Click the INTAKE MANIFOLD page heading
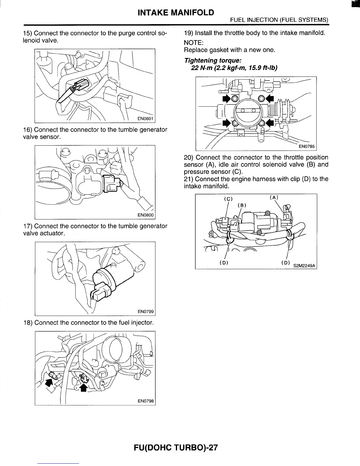click(176, 13)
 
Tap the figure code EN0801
click(146, 119)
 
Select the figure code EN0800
click(146, 215)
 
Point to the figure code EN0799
click(146, 312)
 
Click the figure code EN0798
click(146, 401)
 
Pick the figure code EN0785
click(307, 147)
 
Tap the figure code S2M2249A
click(304, 266)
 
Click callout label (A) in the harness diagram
click(274, 197)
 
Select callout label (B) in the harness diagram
click(241, 205)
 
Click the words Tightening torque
click(213, 61)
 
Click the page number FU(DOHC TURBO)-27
click(176, 447)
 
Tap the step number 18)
click(28, 323)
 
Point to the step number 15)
click(28, 33)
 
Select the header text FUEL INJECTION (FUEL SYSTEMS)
click(279, 20)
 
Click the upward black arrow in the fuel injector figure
click(84, 388)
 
